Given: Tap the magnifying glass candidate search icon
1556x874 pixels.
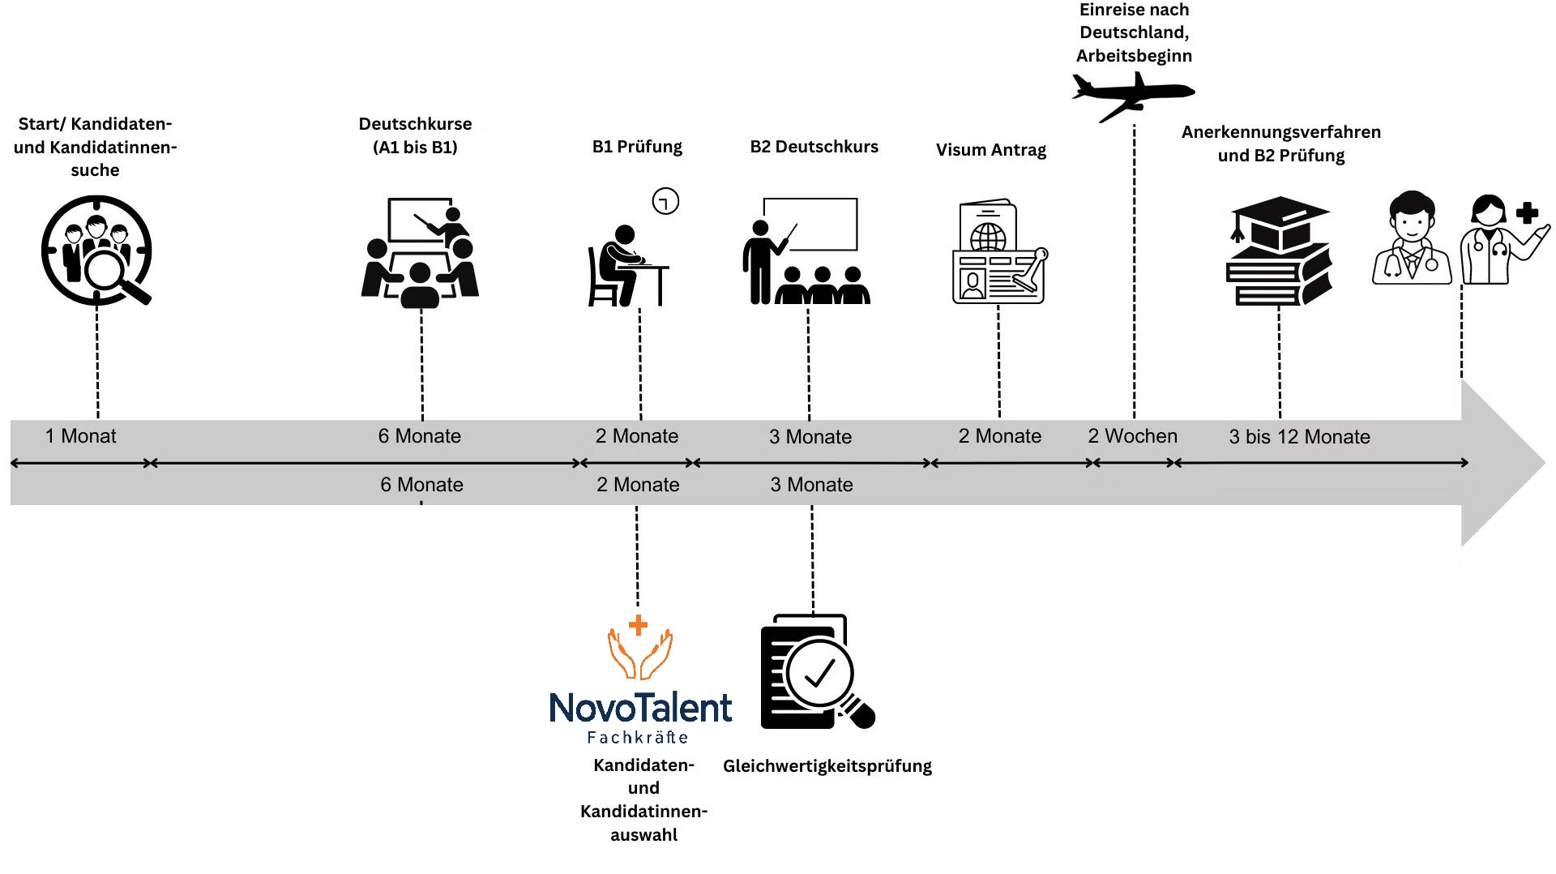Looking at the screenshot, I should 96,251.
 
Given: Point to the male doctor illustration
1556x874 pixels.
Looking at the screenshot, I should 1412,238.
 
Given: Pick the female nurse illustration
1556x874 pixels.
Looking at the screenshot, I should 1501,240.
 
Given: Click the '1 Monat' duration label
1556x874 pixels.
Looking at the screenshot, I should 80,436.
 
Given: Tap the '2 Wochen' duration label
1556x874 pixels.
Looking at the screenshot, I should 1132,436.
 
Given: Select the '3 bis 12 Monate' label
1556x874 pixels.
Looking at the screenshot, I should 1299,437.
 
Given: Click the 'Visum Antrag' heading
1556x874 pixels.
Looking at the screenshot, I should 990,150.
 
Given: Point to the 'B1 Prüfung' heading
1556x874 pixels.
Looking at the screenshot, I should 637,147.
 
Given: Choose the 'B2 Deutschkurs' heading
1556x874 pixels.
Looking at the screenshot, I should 814,147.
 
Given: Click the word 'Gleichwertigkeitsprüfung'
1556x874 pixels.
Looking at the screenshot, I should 827,766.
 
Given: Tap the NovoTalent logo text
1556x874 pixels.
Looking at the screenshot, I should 640,708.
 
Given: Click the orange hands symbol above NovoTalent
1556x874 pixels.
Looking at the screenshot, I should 639,649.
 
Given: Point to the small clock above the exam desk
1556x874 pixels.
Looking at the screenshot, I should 665,201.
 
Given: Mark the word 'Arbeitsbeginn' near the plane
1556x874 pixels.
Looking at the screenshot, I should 1134,56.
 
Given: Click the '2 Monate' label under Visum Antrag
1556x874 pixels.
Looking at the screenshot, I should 999,436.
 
